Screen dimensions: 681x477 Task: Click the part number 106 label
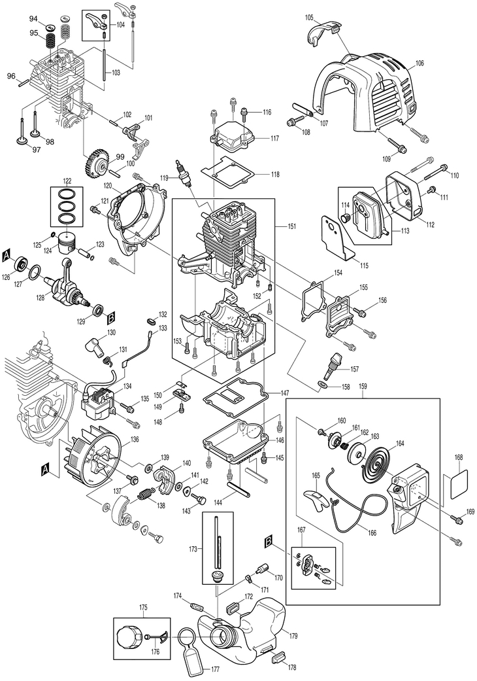tap(419, 63)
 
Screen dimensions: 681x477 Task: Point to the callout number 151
tap(292, 226)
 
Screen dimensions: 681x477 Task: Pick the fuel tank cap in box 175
tap(129, 635)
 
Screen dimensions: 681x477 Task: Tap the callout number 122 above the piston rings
tap(67, 181)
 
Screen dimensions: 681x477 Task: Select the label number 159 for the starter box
tap(363, 388)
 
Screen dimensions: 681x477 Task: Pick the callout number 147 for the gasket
tap(285, 393)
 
